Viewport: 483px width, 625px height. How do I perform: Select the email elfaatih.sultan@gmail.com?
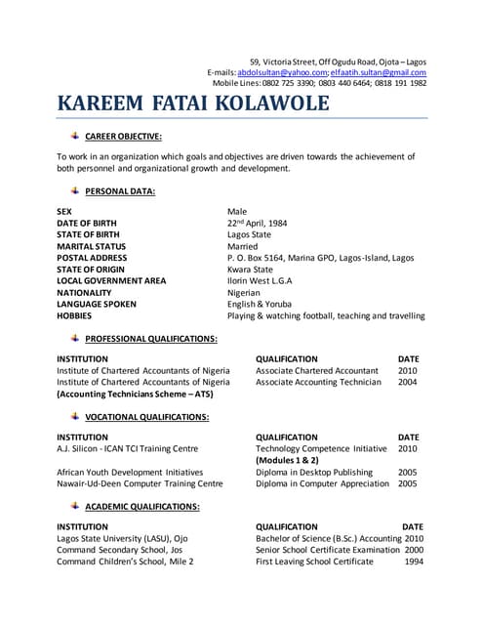(x=378, y=72)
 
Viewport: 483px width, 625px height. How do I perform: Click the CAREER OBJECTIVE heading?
(x=123, y=136)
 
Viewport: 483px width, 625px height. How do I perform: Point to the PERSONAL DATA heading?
(x=120, y=191)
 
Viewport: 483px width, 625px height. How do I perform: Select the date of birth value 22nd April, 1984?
(x=261, y=223)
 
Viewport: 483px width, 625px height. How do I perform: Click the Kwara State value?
(x=251, y=270)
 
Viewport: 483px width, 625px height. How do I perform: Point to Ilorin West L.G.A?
(x=260, y=281)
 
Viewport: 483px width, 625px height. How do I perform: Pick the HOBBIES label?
(x=75, y=316)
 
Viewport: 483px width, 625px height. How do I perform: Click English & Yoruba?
(x=259, y=305)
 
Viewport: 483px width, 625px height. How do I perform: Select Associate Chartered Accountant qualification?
(x=317, y=371)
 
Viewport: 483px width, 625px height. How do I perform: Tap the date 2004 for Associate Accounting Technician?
(x=407, y=383)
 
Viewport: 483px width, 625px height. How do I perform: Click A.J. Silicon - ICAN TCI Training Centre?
(x=128, y=448)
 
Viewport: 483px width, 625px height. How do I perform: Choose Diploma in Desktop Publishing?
(x=314, y=472)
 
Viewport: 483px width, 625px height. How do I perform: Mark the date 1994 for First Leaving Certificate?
(x=414, y=562)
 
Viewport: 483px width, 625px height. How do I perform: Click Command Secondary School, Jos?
(x=120, y=550)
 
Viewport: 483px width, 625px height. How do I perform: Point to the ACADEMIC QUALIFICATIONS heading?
(x=142, y=507)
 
